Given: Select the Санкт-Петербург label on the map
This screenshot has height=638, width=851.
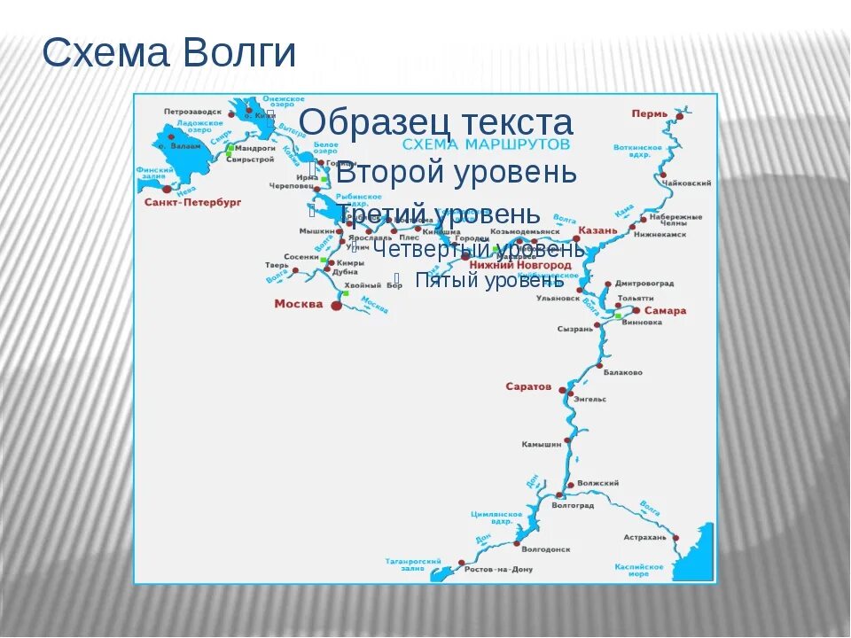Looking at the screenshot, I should (x=192, y=202).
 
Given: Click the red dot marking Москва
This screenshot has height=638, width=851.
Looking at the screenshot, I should (x=336, y=305).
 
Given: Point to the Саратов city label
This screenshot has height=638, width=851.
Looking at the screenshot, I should (x=528, y=386).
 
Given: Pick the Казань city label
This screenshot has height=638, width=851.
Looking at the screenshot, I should (x=597, y=230).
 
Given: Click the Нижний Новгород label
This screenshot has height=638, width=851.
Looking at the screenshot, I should (x=520, y=265).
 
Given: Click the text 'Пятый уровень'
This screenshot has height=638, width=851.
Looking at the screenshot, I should (x=489, y=281).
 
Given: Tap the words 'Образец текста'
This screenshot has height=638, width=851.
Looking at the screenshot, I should (x=436, y=122).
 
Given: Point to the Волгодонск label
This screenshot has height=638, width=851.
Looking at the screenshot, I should (x=547, y=549).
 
